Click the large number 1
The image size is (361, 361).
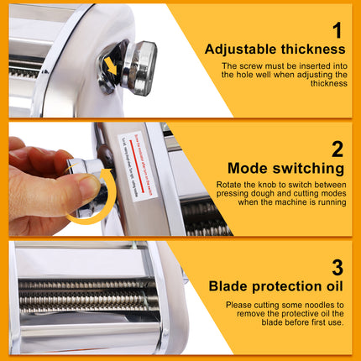click(337, 31)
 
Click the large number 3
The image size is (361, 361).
click(337, 267)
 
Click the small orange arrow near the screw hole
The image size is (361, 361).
click(109, 66)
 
